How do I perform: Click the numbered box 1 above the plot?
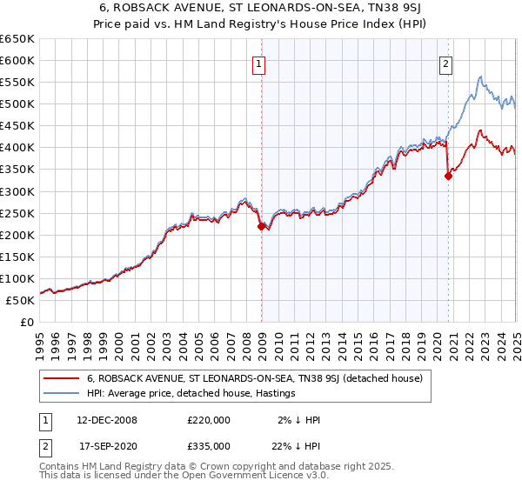(259, 63)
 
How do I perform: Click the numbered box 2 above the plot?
(445, 63)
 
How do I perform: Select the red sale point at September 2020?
(449, 176)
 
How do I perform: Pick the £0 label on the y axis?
(28, 323)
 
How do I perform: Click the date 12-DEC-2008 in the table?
(107, 420)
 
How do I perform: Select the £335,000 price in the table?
(208, 446)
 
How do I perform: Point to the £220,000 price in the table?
(208, 420)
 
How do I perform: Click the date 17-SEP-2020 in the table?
(107, 446)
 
